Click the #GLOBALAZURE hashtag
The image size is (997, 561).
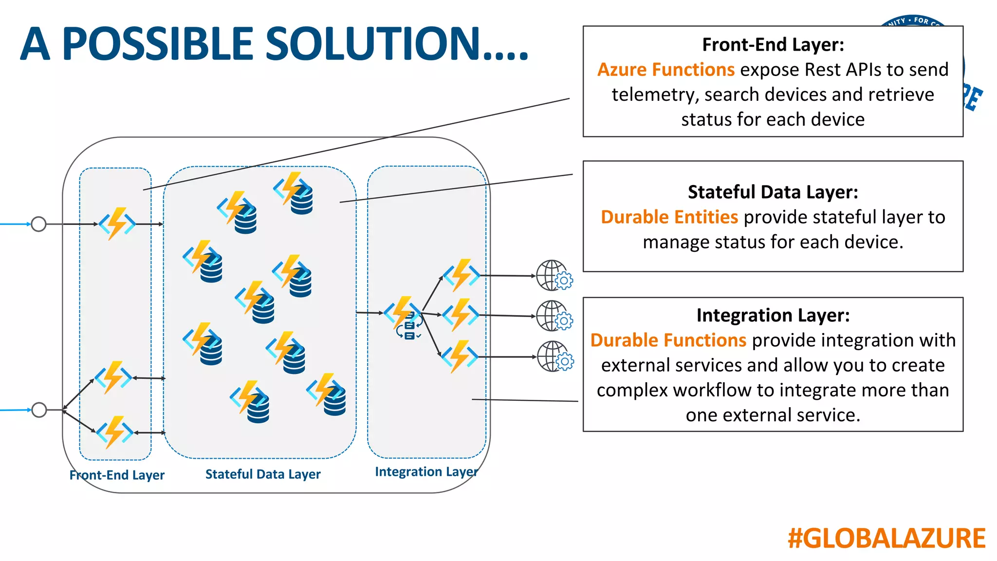click(886, 539)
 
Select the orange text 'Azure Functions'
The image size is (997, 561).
click(665, 70)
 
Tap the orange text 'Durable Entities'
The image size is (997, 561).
click(669, 217)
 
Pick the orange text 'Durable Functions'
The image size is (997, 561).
click(668, 340)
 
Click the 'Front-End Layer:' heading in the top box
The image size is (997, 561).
click(773, 44)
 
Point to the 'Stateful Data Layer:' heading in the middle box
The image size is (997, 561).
click(773, 192)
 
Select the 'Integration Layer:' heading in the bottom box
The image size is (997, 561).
click(773, 315)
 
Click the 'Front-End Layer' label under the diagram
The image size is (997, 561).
click(117, 475)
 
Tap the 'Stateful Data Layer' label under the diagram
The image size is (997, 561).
click(263, 474)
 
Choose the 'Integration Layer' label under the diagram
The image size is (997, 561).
click(426, 471)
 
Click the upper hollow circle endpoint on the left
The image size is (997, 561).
click(38, 224)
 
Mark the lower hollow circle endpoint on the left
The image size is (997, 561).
click(39, 410)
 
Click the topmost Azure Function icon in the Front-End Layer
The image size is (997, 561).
click(117, 224)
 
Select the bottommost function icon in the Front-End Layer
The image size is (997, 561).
click(115, 431)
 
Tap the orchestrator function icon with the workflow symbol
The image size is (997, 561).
click(404, 317)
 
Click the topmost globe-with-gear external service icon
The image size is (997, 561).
click(554, 276)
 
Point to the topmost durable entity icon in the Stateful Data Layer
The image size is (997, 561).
click(294, 193)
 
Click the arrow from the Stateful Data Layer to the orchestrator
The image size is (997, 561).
click(369, 313)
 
